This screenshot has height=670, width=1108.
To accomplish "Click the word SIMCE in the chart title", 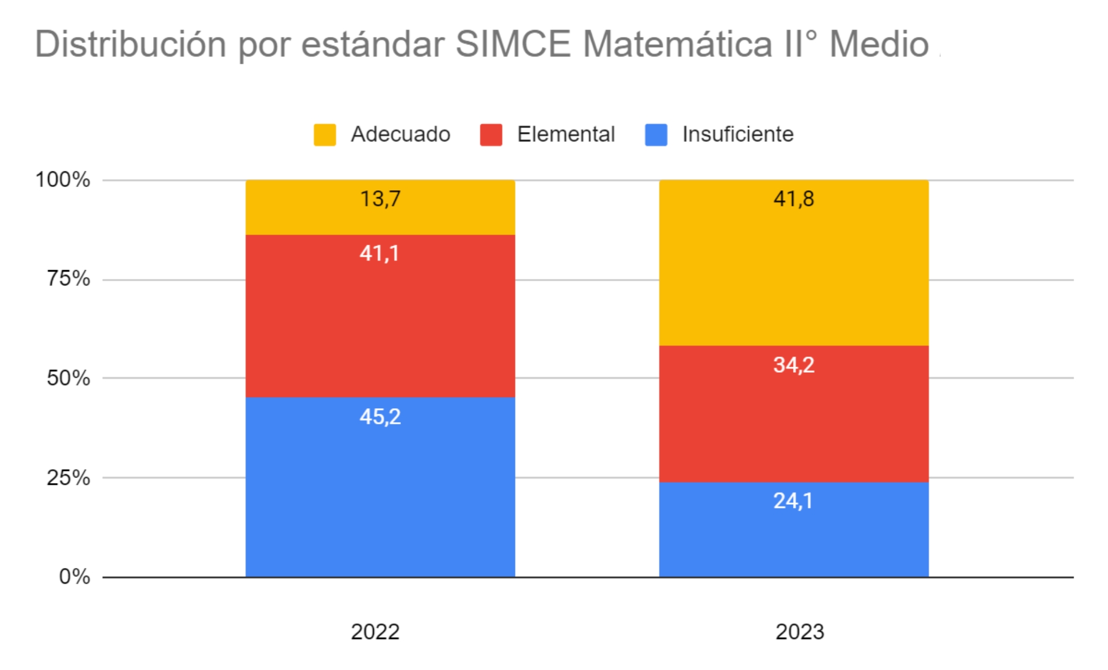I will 513,44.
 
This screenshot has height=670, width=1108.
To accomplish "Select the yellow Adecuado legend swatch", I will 324,135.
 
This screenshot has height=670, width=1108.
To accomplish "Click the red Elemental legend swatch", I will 491,135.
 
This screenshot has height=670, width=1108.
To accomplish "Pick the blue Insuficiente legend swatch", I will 656,135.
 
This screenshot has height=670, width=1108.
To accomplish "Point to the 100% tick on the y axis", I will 63,180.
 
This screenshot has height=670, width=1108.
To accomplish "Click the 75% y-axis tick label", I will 68,278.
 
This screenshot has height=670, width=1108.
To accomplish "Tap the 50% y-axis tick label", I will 68,378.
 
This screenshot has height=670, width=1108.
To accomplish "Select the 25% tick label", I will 68,478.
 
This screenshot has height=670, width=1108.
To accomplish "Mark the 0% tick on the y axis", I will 74,577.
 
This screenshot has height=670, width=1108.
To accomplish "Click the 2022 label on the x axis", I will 375,632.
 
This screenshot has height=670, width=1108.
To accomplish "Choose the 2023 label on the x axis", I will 799,632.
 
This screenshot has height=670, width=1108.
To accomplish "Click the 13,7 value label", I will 380,199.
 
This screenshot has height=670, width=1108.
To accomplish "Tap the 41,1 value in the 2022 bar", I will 379,253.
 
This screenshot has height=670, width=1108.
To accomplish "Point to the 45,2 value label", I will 380,417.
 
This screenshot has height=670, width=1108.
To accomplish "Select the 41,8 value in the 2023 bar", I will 794,199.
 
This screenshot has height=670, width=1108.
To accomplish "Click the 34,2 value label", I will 794,365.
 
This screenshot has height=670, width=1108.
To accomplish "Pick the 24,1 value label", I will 793,501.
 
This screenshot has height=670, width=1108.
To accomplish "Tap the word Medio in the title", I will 879,44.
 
